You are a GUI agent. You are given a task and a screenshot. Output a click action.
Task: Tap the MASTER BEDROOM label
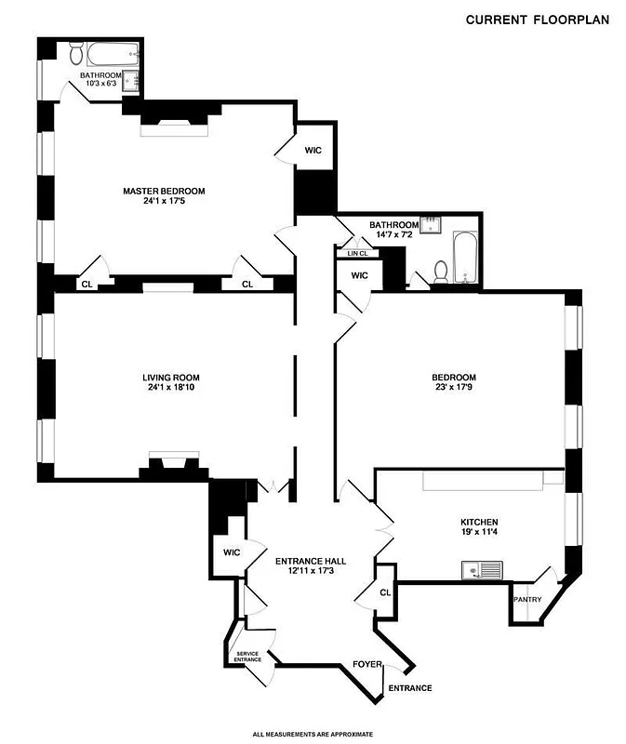point(164,192)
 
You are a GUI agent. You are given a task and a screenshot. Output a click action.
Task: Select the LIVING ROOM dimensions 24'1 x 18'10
point(170,389)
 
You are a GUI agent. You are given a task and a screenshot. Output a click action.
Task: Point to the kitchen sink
point(481,569)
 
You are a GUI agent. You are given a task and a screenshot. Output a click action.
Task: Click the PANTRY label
point(527,600)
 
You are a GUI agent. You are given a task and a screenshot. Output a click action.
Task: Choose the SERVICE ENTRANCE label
point(247,656)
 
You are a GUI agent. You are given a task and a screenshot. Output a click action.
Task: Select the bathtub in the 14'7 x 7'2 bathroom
point(464,259)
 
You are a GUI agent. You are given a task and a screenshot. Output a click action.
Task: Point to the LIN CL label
point(358,253)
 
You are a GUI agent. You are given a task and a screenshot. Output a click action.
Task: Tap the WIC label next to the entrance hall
point(232,552)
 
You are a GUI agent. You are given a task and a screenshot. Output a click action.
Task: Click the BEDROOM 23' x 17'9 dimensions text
point(454,389)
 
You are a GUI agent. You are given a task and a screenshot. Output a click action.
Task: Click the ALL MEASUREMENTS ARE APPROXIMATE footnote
point(313,734)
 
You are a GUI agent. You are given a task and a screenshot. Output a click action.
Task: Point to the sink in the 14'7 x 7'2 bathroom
point(432,224)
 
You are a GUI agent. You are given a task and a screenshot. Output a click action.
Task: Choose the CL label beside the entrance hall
point(385,592)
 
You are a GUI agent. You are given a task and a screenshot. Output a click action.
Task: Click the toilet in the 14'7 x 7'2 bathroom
point(441,272)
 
